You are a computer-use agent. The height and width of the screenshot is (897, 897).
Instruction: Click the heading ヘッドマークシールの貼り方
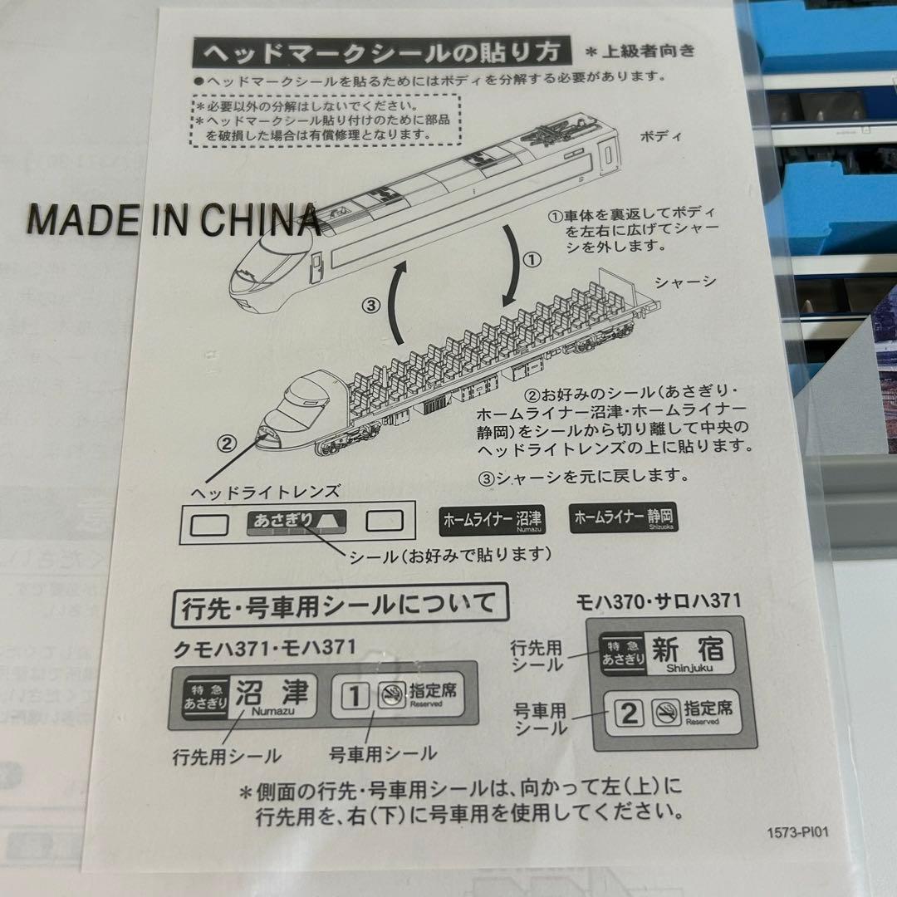click(x=381, y=54)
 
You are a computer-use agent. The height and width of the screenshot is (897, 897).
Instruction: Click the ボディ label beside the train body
click(x=660, y=136)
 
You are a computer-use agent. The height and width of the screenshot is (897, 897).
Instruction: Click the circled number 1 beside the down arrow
click(x=532, y=260)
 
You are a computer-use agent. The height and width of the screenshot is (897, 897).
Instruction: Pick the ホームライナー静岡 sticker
click(x=624, y=518)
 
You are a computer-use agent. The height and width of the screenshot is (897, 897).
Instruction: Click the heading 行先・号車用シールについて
click(x=338, y=605)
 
